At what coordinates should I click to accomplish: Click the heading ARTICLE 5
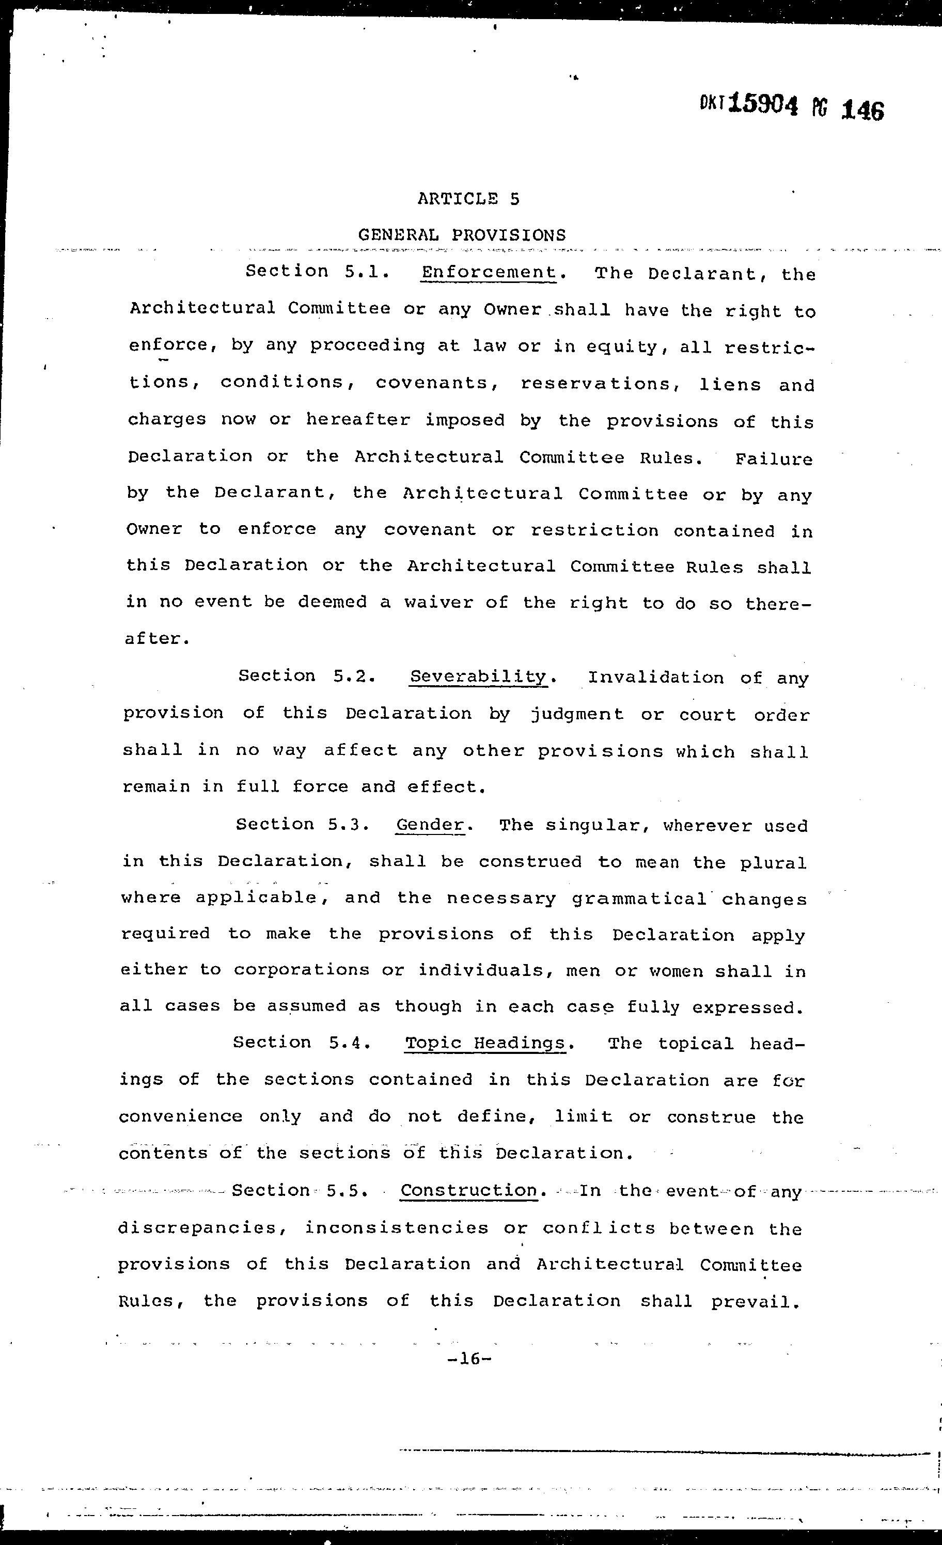[468, 199]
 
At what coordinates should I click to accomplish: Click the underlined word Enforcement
[489, 272]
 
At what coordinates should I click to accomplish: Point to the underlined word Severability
[478, 676]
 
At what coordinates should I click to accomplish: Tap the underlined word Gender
[431, 825]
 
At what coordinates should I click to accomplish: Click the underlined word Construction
[469, 1190]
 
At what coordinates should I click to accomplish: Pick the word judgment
[577, 714]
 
